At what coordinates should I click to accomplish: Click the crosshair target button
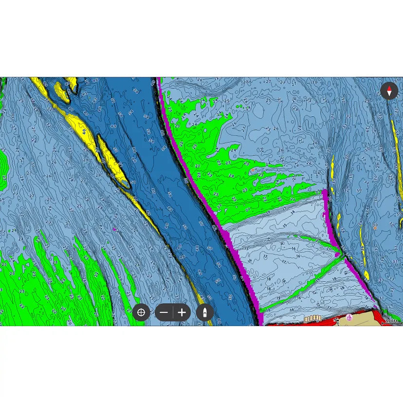click(141, 312)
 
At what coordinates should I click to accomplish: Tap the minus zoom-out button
click(165, 312)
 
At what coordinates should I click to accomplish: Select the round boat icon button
click(205, 312)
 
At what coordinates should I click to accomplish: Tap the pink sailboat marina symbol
click(349, 318)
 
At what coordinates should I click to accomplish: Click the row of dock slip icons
click(312, 319)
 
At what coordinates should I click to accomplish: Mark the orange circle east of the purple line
click(375, 227)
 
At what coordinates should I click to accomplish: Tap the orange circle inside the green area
click(253, 169)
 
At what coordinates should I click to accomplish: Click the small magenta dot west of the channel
click(115, 229)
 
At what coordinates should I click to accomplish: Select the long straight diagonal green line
click(302, 284)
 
